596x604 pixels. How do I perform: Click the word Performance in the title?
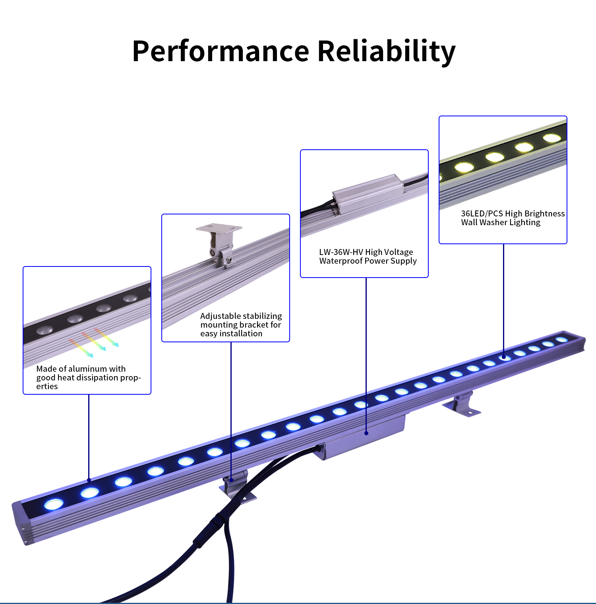click(221, 51)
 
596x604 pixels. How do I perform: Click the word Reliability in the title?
click(386, 52)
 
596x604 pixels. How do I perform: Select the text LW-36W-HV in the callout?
click(341, 252)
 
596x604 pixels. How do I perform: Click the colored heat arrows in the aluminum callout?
click(94, 342)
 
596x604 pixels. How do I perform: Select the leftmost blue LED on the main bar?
click(54, 504)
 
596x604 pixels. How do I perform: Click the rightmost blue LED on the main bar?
click(561, 340)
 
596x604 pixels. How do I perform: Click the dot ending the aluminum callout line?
click(89, 480)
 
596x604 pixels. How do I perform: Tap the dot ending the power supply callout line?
click(366, 433)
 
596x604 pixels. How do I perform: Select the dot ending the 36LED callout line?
click(504, 357)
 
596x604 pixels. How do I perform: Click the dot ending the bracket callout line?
click(231, 480)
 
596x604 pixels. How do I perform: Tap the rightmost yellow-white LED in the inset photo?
click(551, 138)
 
